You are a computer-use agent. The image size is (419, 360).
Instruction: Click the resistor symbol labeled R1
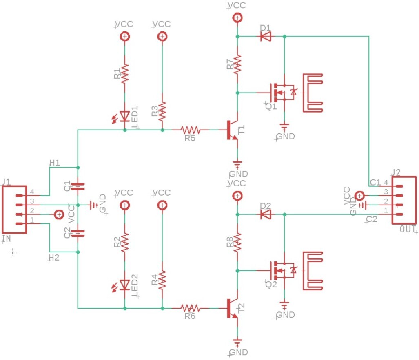[124, 73]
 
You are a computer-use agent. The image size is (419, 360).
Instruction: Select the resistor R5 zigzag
[190, 130]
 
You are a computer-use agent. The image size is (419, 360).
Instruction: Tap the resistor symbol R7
[237, 64]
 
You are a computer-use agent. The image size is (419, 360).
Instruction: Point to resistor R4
[162, 280]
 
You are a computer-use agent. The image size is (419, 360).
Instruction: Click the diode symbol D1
[266, 36]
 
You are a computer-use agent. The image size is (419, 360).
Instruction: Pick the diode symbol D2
[266, 214]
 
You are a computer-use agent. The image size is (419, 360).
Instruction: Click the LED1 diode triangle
[124, 117]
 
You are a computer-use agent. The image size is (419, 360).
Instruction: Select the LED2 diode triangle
[124, 285]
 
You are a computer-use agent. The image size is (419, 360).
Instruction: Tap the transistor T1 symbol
[232, 130]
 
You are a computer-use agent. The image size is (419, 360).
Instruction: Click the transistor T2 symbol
[232, 309]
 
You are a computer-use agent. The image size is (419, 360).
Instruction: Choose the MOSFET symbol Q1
[283, 93]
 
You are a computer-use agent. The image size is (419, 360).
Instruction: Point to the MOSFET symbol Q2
[283, 271]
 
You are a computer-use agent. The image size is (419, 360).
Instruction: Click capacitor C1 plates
[78, 186]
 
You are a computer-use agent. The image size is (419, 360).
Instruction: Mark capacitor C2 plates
[78, 234]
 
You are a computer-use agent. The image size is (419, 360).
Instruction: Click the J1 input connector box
[14, 210]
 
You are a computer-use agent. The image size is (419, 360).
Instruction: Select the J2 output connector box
[404, 200]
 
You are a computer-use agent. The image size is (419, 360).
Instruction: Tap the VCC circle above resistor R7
[237, 18]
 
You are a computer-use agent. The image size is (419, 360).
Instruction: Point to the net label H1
[55, 163]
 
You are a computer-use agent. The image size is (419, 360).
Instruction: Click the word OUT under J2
[408, 229]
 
